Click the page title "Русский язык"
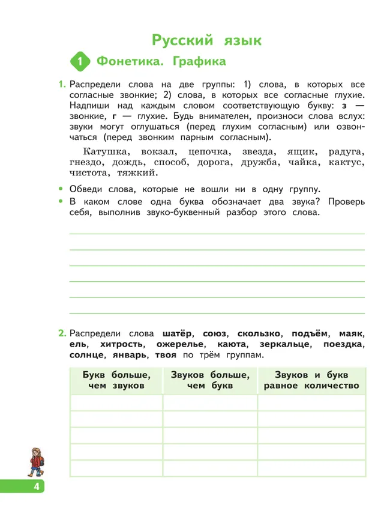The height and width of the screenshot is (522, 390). [x=206, y=40]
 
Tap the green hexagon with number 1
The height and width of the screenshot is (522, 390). [x=80, y=62]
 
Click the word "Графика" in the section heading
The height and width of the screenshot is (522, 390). [x=199, y=61]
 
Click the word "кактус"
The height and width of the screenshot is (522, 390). [x=344, y=162]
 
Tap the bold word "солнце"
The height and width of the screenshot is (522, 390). [x=88, y=355]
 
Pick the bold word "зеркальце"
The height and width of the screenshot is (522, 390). [x=284, y=344]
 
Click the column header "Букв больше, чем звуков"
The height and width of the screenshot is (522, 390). [x=116, y=380]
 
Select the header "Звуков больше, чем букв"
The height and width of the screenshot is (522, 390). [x=209, y=380]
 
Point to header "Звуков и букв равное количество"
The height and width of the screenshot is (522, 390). [x=311, y=380]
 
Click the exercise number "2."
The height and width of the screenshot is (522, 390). [x=62, y=333]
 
